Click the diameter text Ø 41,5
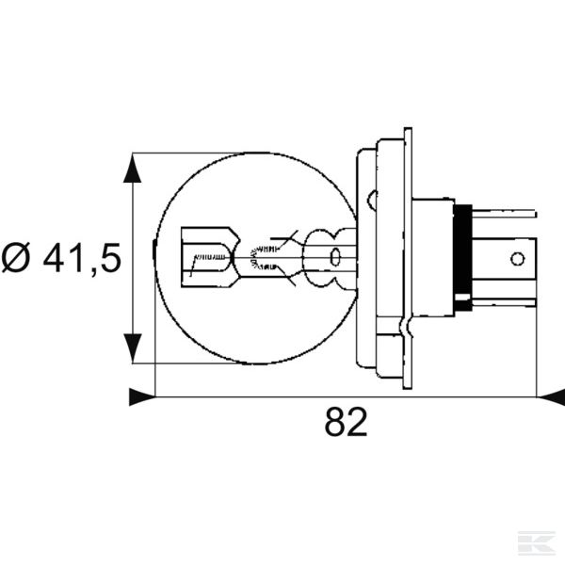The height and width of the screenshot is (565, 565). coord(61,258)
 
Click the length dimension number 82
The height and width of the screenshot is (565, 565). coord(346,424)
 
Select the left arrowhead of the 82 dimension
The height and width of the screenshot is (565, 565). coord(141,397)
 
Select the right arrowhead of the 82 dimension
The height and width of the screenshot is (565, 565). coord(550,397)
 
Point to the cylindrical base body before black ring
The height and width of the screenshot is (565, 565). coord(433,256)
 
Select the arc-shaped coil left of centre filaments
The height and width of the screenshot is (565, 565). coord(252,256)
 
